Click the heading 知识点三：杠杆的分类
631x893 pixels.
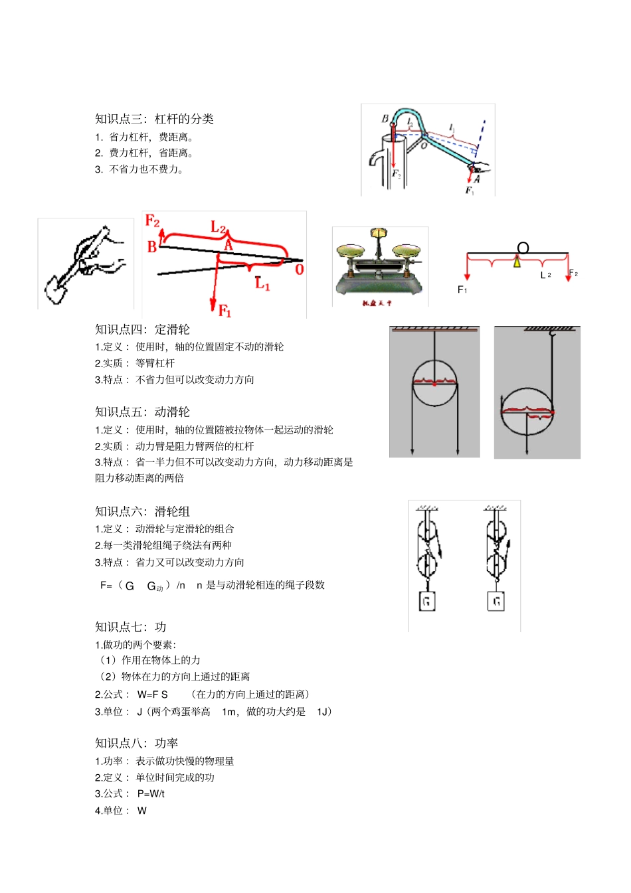click(x=154, y=119)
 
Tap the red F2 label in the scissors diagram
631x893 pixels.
click(x=152, y=220)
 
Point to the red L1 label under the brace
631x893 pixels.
click(x=262, y=284)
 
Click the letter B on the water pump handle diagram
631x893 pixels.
click(x=385, y=119)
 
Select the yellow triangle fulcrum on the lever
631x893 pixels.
click(x=517, y=262)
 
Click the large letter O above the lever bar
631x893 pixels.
click(x=523, y=248)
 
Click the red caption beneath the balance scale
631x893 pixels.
click(x=377, y=303)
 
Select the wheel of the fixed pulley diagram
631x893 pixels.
click(x=434, y=383)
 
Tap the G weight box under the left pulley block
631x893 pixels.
click(x=426, y=602)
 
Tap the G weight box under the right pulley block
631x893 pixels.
click(x=496, y=602)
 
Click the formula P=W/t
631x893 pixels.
click(x=151, y=793)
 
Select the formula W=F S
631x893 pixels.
click(x=153, y=694)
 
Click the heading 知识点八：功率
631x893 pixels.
click(x=136, y=743)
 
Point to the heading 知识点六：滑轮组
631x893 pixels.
click(x=142, y=511)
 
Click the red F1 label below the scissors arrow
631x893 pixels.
click(x=225, y=310)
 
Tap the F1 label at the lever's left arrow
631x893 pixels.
click(x=462, y=289)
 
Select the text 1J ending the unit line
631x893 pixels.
click(x=322, y=712)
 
